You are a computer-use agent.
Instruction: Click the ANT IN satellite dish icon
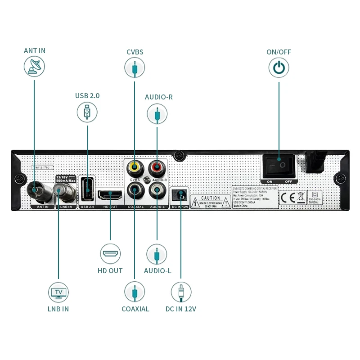34,66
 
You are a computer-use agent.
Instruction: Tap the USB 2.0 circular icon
87,112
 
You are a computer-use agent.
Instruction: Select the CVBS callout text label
135,52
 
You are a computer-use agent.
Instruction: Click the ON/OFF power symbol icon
279,68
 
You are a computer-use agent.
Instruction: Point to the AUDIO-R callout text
158,97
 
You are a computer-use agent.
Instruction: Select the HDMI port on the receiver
110,195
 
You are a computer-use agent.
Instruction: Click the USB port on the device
87,189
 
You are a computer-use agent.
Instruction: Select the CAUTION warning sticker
210,201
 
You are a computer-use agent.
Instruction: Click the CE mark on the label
287,198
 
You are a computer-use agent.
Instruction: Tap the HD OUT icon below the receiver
110,254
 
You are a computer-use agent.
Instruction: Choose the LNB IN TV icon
58,292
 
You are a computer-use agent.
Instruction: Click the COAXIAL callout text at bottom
135,309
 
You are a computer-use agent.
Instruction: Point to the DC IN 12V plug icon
181,292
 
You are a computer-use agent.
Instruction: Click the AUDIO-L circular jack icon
157,254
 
